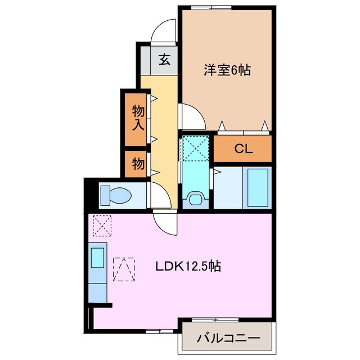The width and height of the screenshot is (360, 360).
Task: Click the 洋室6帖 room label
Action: (x=227, y=70)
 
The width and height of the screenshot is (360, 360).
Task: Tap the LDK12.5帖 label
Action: (x=187, y=266)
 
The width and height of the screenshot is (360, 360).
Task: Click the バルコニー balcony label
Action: (x=228, y=339)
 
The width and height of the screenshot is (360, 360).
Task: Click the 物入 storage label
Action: (x=137, y=118)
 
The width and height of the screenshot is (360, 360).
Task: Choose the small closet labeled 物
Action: (x=137, y=165)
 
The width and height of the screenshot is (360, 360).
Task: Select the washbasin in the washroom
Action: (x=196, y=199)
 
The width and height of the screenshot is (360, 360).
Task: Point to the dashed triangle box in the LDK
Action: (x=124, y=268)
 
